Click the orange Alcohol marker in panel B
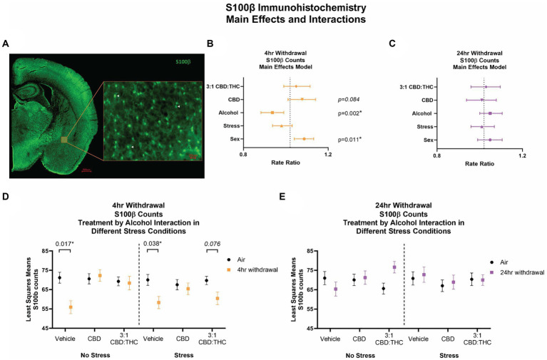(272, 113)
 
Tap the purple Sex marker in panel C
(490, 140)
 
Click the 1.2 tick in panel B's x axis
(328, 154)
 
